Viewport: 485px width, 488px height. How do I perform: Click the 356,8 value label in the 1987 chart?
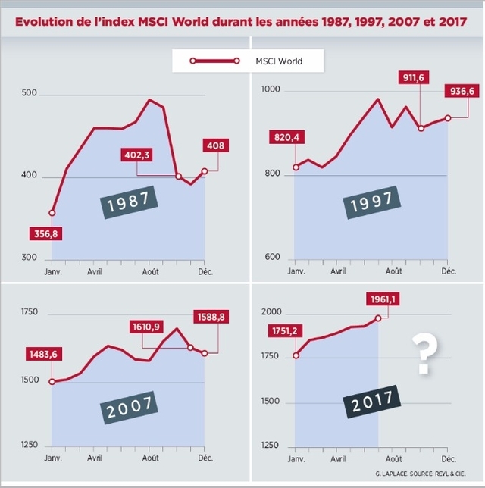click(x=44, y=234)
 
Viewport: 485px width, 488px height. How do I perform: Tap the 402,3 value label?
click(x=137, y=155)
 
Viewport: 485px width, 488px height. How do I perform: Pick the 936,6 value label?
click(x=462, y=92)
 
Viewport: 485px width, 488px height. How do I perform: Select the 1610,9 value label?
click(x=146, y=327)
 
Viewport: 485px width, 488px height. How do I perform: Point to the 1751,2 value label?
click(x=284, y=330)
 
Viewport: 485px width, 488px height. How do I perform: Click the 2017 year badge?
click(x=371, y=400)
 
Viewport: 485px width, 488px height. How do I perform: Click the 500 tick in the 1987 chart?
click(x=30, y=93)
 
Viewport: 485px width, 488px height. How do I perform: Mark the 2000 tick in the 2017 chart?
click(x=271, y=312)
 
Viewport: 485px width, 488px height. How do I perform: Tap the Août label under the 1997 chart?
click(x=393, y=271)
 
